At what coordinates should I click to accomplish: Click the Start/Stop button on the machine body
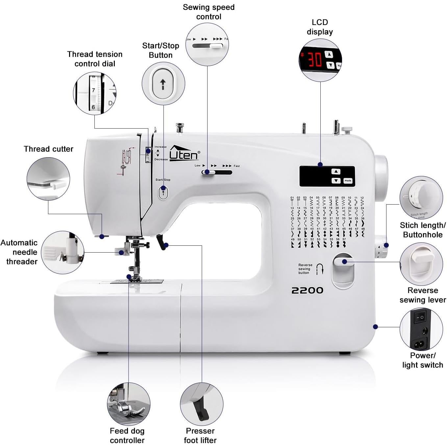coord(163,193)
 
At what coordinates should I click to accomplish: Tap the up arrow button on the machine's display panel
coord(335,171)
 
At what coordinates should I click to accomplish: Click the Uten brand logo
coord(184,154)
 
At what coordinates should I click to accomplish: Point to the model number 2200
coord(307,290)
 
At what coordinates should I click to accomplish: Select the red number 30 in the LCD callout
coord(314,60)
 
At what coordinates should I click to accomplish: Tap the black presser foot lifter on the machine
coord(161,243)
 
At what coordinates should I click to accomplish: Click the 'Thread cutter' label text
coord(48,149)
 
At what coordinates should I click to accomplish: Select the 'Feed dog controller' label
coord(127,435)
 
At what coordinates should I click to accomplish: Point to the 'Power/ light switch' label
coord(422,360)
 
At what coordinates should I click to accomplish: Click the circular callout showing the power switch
coord(421,329)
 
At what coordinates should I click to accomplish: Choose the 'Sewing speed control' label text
coord(209,12)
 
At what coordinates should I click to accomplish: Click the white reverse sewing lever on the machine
coord(343,261)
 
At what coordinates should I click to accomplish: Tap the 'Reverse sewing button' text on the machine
coord(305,269)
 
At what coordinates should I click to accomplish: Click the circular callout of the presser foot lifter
coord(201,404)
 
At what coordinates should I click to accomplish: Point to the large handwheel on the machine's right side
coord(381,178)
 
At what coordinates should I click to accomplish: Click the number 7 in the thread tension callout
coord(93,90)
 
